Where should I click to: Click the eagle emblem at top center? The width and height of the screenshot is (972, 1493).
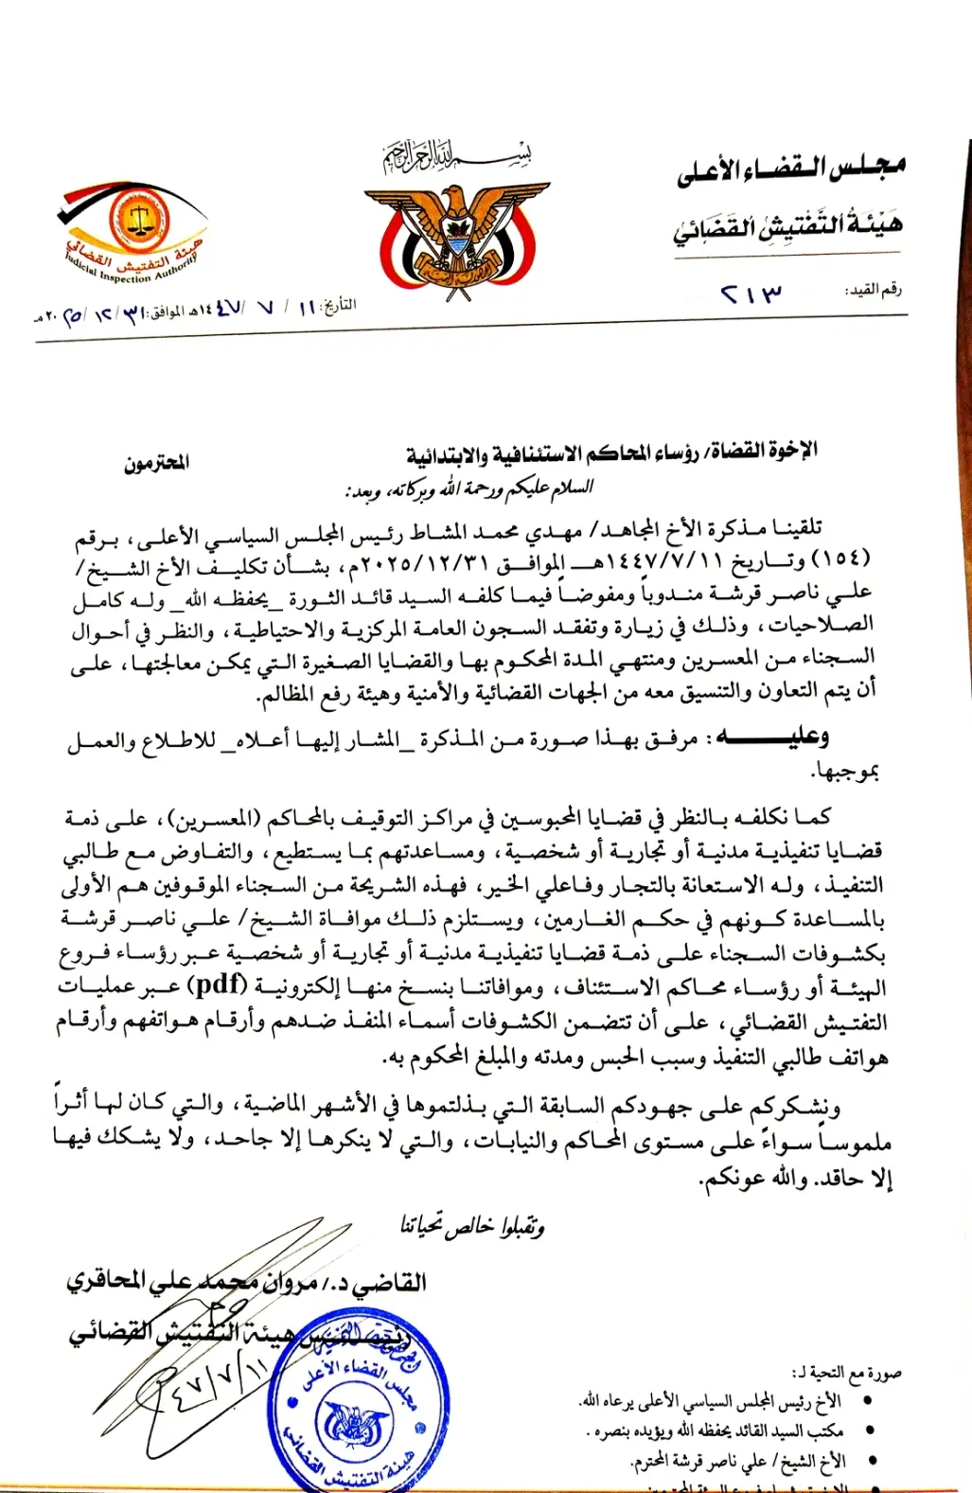(451, 232)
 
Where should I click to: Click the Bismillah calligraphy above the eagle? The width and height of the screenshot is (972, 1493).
(456, 154)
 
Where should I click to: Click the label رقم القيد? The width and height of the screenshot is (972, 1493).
(873, 290)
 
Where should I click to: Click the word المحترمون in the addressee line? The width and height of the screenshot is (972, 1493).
(156, 462)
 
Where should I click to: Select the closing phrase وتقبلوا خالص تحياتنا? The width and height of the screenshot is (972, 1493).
(471, 1226)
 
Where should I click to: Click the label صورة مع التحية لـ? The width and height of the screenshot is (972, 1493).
(846, 1373)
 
